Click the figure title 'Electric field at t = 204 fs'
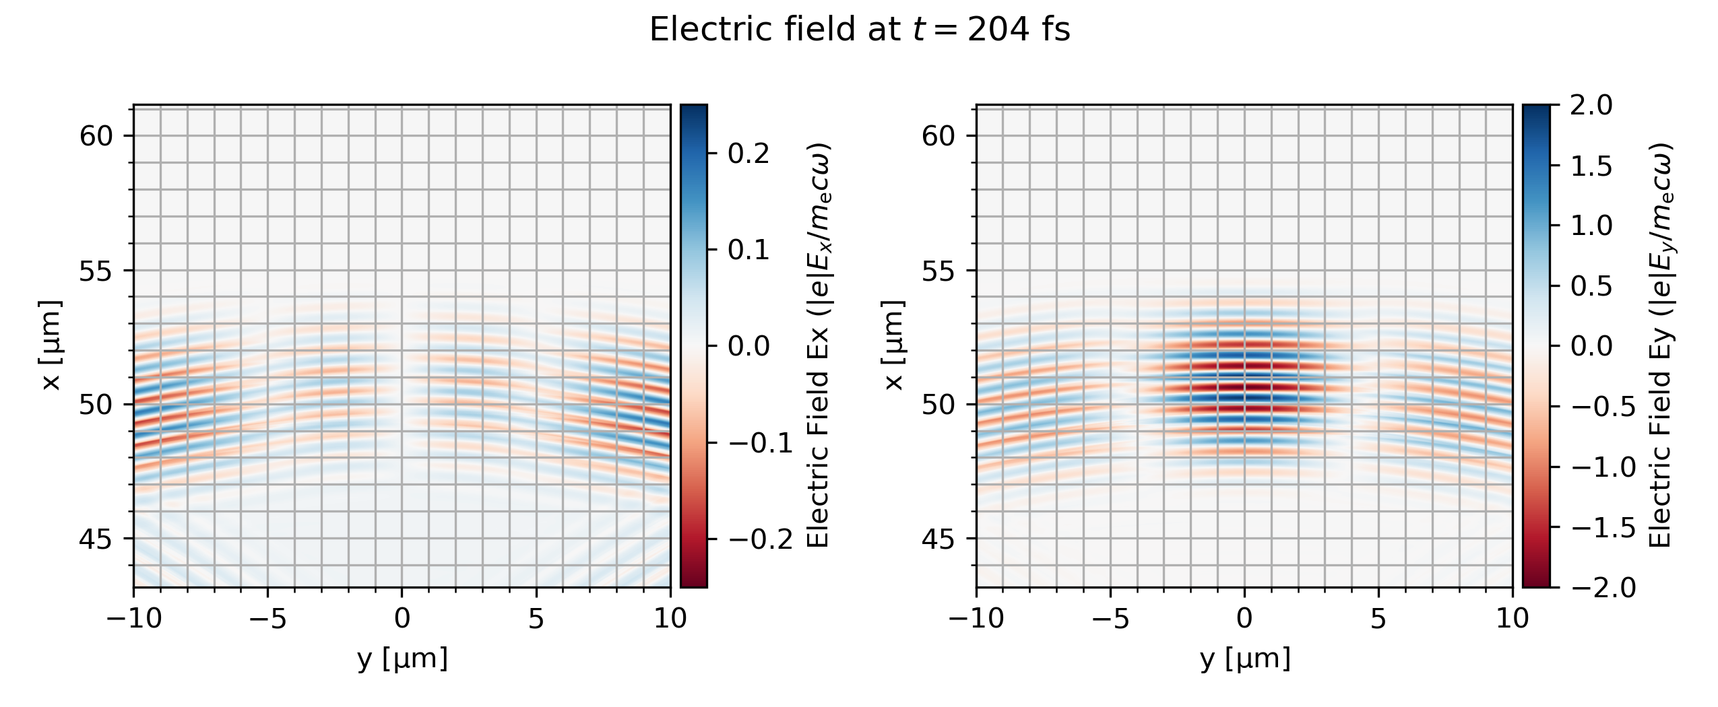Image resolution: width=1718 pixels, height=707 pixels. point(859,30)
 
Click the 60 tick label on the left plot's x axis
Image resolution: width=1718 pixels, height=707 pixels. point(97,136)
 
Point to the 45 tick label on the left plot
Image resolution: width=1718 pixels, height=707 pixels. point(97,539)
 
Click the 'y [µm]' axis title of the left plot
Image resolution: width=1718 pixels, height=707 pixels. point(402,659)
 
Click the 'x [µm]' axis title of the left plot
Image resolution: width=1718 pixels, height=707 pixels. point(51,345)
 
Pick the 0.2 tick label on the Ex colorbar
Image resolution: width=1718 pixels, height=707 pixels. point(749,154)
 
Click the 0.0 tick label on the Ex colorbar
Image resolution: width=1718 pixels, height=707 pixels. point(749,346)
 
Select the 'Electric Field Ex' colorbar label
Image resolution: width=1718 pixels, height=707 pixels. point(817,345)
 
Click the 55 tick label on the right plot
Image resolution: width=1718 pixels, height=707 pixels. point(940,271)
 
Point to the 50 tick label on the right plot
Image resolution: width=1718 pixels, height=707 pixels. point(940,404)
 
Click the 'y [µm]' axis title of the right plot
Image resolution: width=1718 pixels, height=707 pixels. point(1245,659)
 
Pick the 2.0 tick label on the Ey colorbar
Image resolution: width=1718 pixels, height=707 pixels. point(1591,106)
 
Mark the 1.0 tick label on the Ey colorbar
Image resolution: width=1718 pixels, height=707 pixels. point(1591,226)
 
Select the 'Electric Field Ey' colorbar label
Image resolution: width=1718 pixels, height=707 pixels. point(1660,345)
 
